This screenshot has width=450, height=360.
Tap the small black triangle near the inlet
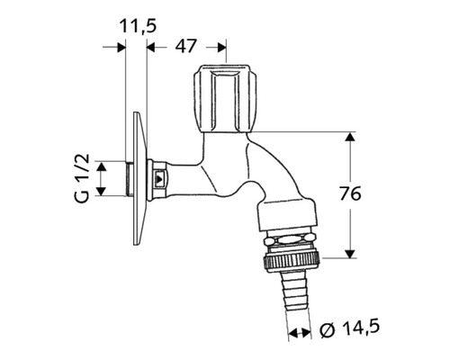click(x=160, y=178)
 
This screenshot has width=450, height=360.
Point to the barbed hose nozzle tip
click(x=292, y=292)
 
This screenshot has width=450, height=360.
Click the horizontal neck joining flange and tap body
click(x=184, y=175)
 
